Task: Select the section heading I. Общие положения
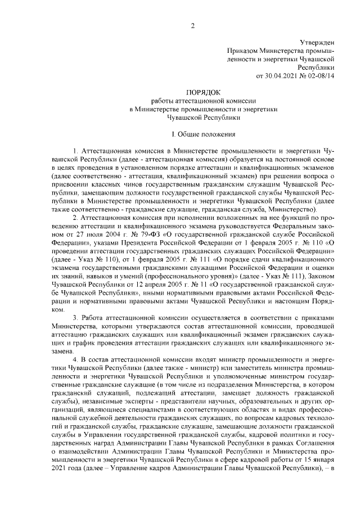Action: pyautogui.click(x=204, y=136)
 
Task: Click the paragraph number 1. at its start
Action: pyautogui.click(x=76, y=152)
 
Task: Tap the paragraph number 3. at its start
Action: pyautogui.click(x=76, y=318)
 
